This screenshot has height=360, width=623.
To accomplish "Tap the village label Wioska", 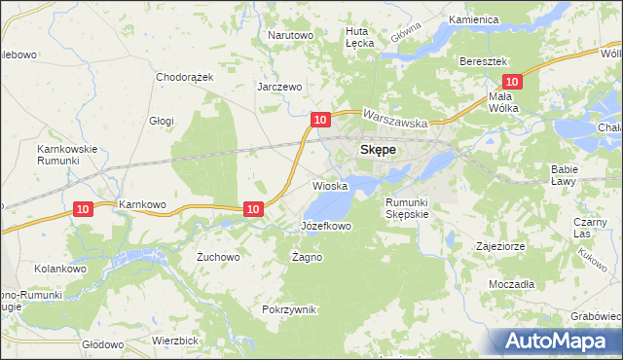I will [330, 185].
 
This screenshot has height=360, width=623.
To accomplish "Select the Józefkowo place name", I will [325, 226].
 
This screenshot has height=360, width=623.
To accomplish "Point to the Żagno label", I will [307, 257].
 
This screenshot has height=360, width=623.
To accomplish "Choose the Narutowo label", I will [290, 35].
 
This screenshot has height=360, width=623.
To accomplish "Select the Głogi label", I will [161, 121].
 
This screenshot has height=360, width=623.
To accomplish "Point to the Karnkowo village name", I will [137, 204].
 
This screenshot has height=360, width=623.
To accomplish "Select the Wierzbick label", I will [175, 341].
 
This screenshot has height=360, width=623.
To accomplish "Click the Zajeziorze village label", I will [500, 246].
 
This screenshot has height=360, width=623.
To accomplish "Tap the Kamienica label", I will [474, 19].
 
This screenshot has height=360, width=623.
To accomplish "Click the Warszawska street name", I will [396, 119].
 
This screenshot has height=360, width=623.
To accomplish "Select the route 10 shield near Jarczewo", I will [319, 119].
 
